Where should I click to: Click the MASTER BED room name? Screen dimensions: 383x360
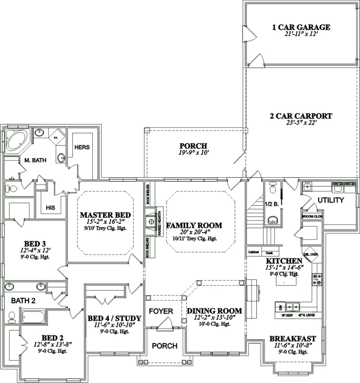[x=105, y=215]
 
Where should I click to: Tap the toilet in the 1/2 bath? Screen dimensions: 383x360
[x=272, y=189]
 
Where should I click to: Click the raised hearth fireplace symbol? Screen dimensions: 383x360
[x=149, y=220]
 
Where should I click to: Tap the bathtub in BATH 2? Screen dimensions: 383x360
[x=33, y=316]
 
